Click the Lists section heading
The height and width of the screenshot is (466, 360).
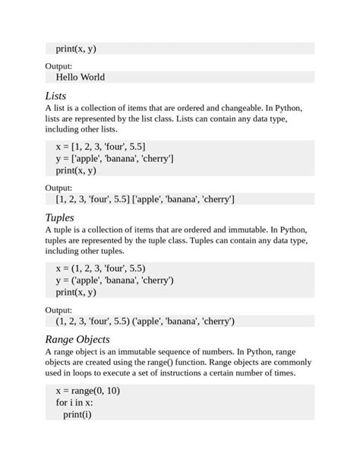(x=55, y=96)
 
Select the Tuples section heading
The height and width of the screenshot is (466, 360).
(x=60, y=218)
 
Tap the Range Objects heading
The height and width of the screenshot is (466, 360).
(x=77, y=339)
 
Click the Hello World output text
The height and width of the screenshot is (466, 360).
(x=81, y=77)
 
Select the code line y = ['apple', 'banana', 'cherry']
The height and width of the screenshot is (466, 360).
(x=115, y=158)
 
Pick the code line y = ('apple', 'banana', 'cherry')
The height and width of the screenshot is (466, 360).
(x=115, y=280)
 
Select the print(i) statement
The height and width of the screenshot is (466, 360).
(x=77, y=414)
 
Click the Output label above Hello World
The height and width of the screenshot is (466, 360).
(x=58, y=66)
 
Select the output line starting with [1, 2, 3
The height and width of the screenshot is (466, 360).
(x=145, y=199)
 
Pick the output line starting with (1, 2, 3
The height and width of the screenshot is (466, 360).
(x=145, y=321)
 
